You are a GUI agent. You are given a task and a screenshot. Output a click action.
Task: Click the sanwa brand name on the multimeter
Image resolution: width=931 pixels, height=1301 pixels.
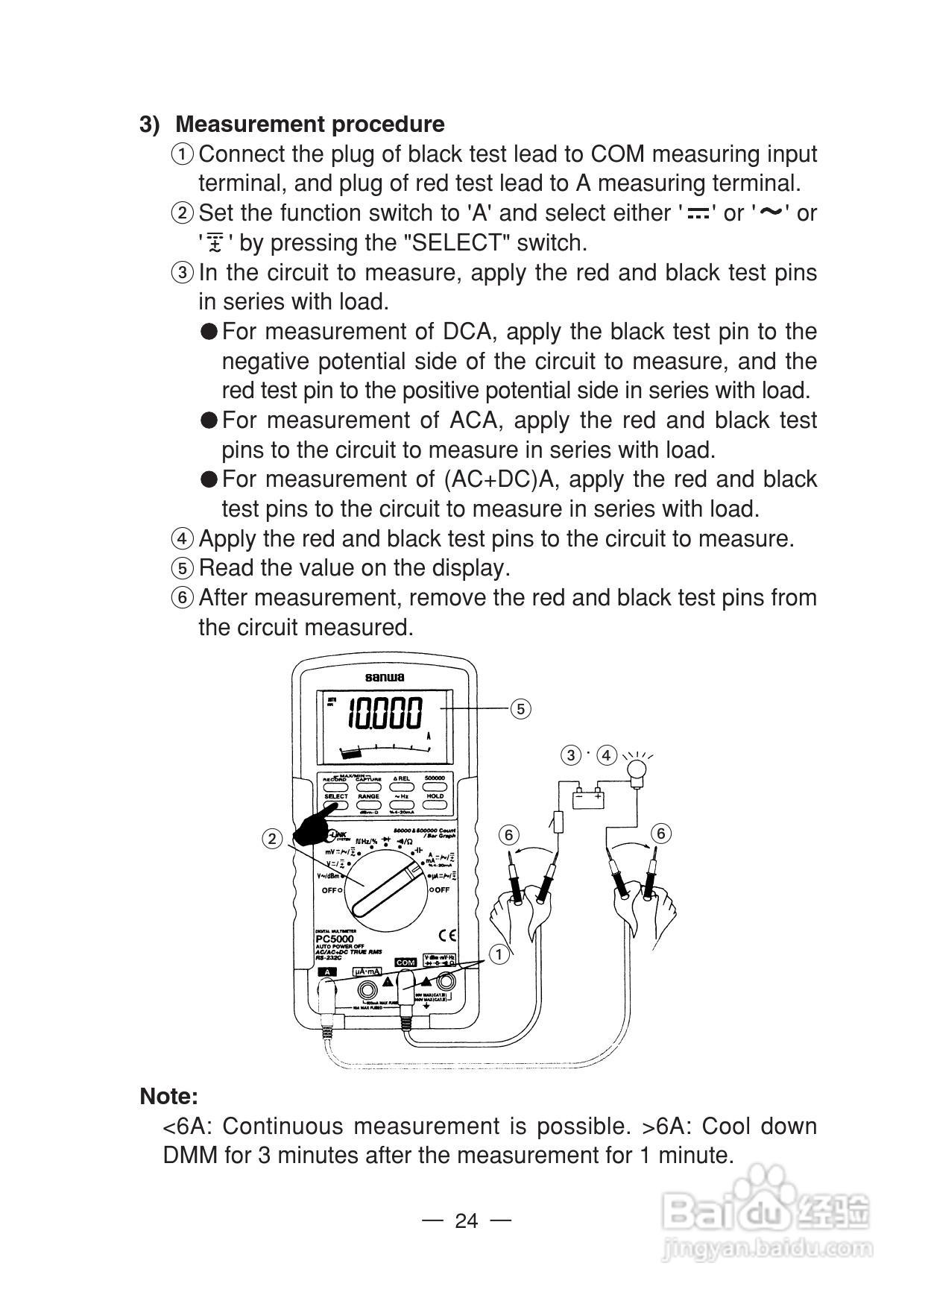click(385, 677)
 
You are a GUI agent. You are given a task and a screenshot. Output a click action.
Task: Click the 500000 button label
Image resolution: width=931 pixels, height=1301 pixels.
click(435, 778)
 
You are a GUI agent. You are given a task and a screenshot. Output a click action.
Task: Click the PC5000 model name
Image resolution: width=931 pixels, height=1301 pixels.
click(335, 939)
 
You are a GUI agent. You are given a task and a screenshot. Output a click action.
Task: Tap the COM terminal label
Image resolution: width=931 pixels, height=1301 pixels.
click(405, 963)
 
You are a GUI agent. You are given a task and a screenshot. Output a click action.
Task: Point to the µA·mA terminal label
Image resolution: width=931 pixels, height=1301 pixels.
click(367, 971)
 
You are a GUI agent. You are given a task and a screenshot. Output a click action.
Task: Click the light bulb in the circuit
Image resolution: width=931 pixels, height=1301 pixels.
click(637, 769)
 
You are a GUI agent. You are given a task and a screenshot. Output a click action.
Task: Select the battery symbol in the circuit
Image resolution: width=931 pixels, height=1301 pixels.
click(588, 798)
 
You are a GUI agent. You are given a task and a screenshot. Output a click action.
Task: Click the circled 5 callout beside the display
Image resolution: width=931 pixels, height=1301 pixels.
click(520, 709)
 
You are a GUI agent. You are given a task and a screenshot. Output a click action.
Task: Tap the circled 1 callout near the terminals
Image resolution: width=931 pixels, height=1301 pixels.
click(499, 954)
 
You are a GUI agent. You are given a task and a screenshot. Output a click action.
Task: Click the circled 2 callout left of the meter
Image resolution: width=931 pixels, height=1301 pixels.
click(272, 839)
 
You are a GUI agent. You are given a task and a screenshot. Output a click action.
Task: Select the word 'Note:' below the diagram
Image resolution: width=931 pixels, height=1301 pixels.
click(169, 1096)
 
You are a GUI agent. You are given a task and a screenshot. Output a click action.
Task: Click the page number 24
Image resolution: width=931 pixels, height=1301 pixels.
click(466, 1220)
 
